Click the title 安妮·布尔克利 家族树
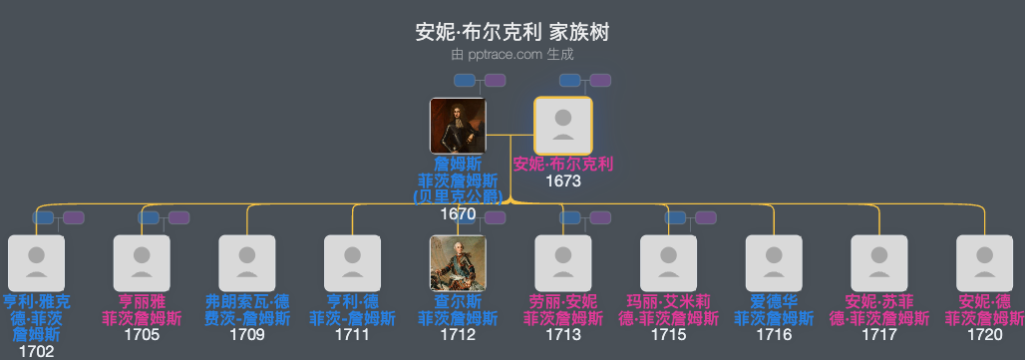tap(512, 32)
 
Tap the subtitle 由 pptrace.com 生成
tap(512, 54)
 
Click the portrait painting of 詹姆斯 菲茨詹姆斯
tap(458, 126)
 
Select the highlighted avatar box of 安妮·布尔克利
tap(563, 126)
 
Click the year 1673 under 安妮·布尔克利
tap(563, 181)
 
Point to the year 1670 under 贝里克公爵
tap(458, 213)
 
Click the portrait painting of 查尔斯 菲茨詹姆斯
tap(458, 263)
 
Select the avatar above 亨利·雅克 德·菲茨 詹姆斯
tap(36, 263)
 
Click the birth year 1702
tap(36, 351)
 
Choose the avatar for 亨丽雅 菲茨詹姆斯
tap(142, 263)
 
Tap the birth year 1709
tap(247, 335)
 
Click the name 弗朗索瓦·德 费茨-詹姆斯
tap(247, 310)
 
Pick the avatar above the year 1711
tap(353, 263)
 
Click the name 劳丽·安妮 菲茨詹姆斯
tap(563, 310)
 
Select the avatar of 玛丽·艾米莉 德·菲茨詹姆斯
tap(669, 263)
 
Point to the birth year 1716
tap(775, 335)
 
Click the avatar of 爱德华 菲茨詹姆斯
tap(775, 263)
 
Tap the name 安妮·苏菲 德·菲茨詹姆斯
tap(879, 310)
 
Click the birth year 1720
tap(985, 335)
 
